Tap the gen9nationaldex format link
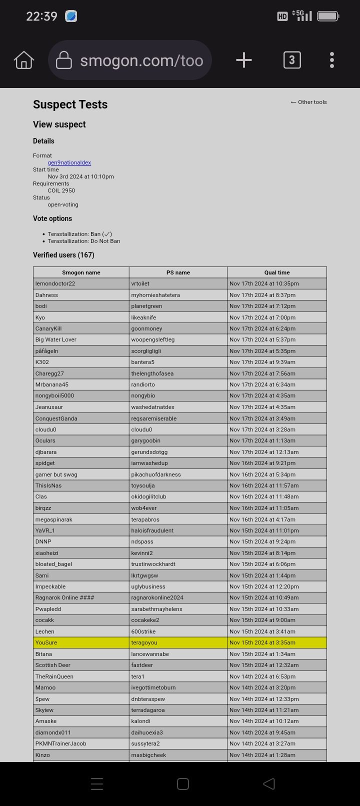(x=69, y=162)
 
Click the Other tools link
(x=308, y=102)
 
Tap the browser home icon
(x=24, y=60)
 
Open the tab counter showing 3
(x=292, y=60)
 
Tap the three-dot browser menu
(x=332, y=60)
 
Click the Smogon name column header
(x=81, y=272)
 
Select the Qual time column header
(x=277, y=272)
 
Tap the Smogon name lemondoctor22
(x=55, y=283)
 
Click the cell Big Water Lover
(x=55, y=339)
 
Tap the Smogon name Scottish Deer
(x=52, y=665)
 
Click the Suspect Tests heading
(x=70, y=104)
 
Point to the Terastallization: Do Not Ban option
(x=84, y=241)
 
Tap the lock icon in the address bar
(x=63, y=60)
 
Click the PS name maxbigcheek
(x=148, y=755)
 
